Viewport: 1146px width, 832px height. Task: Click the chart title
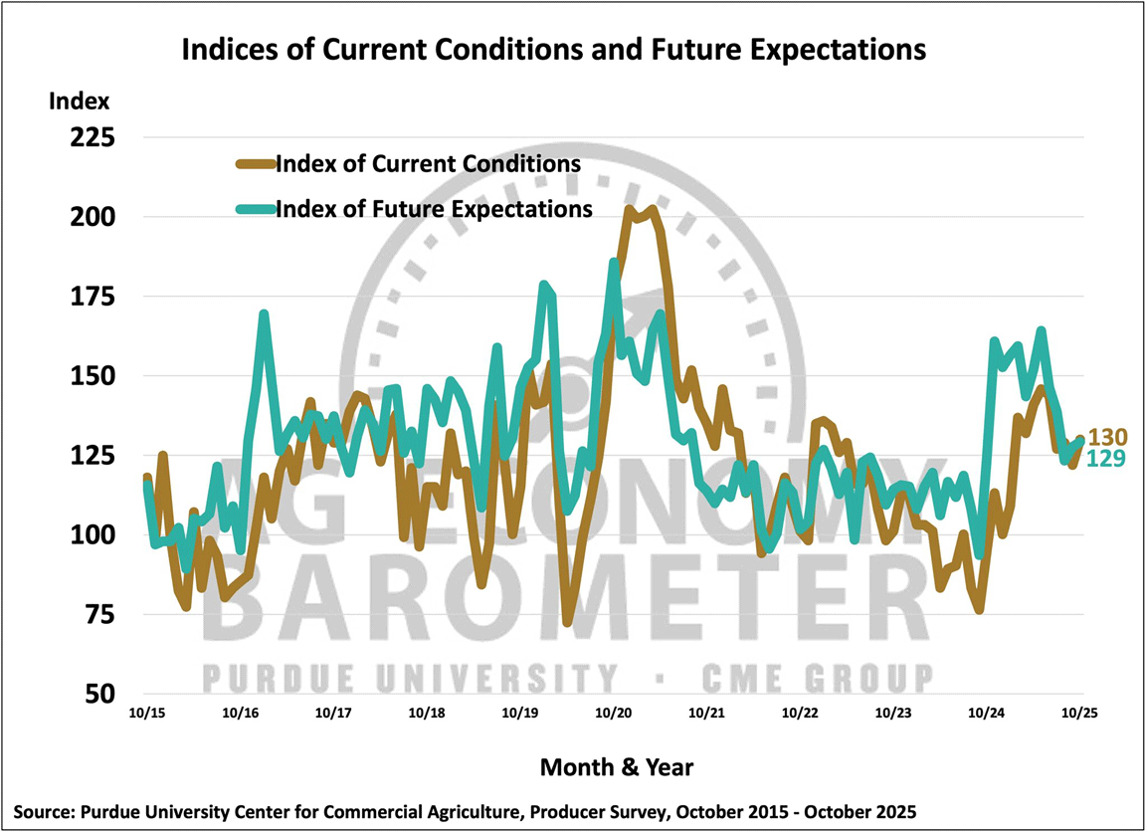point(552,48)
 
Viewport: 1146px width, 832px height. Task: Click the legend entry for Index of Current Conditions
point(429,162)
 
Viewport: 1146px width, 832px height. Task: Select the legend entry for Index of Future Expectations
point(435,208)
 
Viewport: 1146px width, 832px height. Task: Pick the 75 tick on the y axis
point(96,615)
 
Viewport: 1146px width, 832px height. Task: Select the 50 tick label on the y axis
point(96,695)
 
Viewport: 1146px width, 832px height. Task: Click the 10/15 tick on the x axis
point(148,713)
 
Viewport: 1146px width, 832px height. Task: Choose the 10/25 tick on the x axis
point(1079,713)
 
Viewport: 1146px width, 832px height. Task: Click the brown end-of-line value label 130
point(1107,437)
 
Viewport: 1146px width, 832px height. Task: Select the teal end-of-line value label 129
point(1107,458)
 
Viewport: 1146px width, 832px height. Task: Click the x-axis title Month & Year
point(616,767)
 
